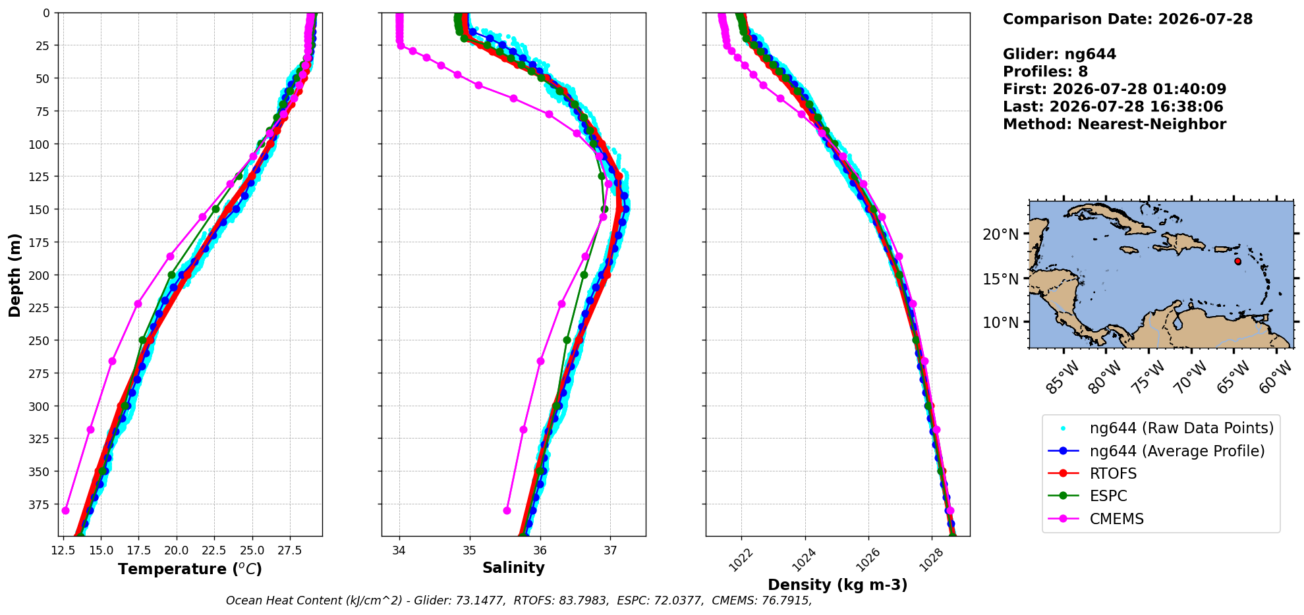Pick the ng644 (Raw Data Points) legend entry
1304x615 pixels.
pyautogui.click(x=1160, y=428)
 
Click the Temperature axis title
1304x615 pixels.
pyautogui.click(x=190, y=569)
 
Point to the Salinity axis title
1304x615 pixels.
pyautogui.click(x=513, y=568)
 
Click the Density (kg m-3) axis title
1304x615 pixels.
pyautogui.click(x=837, y=585)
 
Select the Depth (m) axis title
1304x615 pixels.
pyautogui.click(x=14, y=275)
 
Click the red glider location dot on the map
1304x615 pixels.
pyautogui.click(x=1237, y=261)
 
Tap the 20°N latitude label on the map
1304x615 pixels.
pyautogui.click(x=1000, y=234)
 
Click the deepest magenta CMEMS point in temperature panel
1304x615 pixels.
pyautogui.click(x=65, y=510)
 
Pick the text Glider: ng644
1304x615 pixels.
pyautogui.click(x=1060, y=54)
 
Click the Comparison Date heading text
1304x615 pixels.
pyautogui.click(x=1127, y=19)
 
